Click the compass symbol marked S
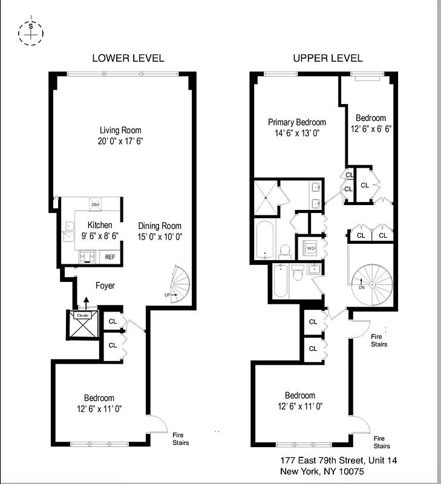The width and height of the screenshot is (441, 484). tap(30, 33)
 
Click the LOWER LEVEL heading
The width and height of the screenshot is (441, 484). tap(128, 58)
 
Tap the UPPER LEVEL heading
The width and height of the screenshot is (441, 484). tap(327, 58)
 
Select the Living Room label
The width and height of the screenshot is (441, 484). tap(120, 130)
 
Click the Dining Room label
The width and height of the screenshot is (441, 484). tap(159, 226)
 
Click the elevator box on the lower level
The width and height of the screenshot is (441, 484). tap(83, 325)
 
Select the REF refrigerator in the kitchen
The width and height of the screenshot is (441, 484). tap(110, 257)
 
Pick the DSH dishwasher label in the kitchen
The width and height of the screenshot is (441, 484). tap(96, 204)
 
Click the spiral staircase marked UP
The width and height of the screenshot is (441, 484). tap(179, 284)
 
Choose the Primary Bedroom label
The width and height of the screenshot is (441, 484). tap(297, 122)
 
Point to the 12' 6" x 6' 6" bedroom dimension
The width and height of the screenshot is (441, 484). tap(371, 128)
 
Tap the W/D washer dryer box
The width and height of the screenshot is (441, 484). tap(311, 248)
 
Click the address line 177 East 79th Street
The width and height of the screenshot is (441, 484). tap(339, 460)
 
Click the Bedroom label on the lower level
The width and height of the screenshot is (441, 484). tap(99, 398)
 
